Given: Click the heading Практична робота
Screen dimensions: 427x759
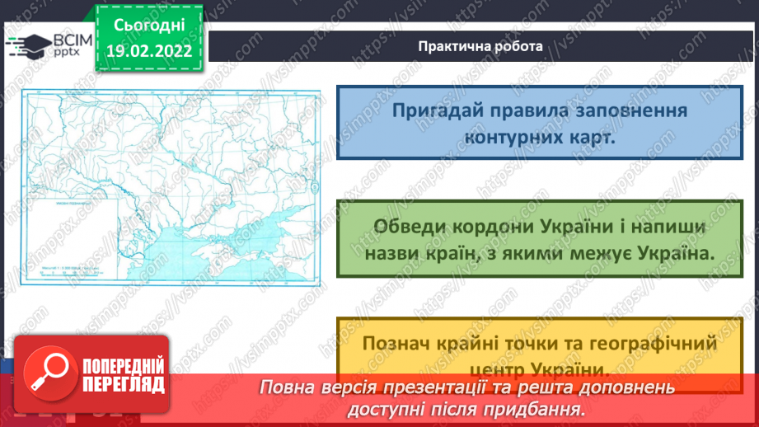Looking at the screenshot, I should (x=480, y=46).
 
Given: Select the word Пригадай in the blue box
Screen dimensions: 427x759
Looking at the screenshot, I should (x=434, y=110).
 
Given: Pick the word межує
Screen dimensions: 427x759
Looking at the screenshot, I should (x=611, y=254).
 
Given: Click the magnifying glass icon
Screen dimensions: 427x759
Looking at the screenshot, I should (x=46, y=373).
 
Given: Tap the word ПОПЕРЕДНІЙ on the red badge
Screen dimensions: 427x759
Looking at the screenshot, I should (x=120, y=363).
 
